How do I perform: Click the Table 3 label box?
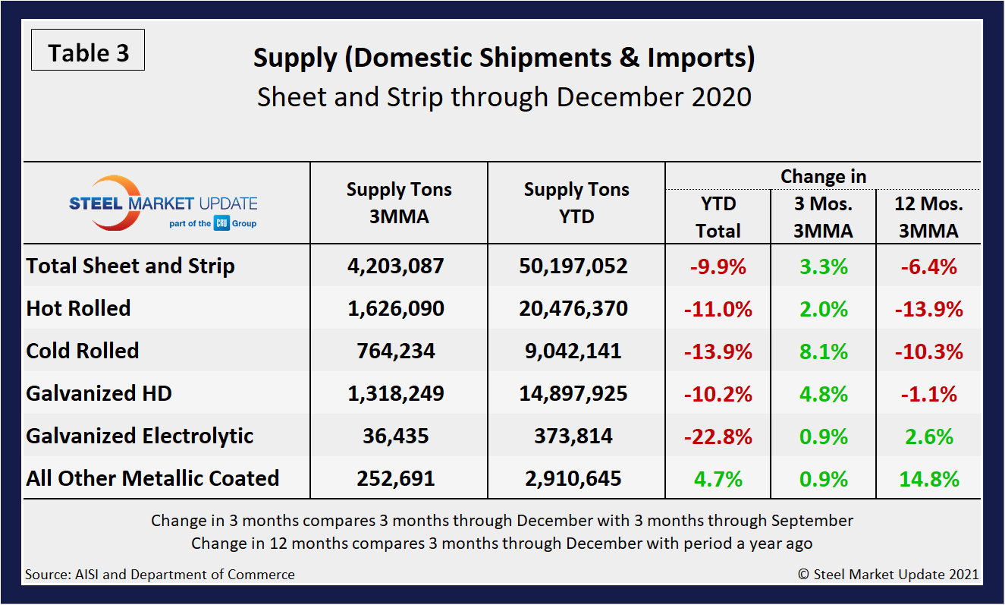click(88, 52)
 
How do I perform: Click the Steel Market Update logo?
click(163, 203)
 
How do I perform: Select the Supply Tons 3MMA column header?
click(399, 203)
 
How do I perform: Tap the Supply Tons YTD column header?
click(576, 203)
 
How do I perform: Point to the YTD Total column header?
click(718, 217)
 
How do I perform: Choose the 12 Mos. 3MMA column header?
click(929, 217)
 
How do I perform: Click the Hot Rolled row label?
click(79, 308)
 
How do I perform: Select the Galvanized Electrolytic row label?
click(140, 436)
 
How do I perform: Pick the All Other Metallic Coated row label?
click(152, 478)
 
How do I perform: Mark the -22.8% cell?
click(718, 436)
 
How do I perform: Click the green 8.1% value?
click(824, 351)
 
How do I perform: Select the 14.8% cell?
click(929, 479)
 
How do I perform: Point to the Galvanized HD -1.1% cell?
click(929, 394)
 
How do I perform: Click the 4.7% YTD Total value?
click(718, 479)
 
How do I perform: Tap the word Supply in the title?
click(294, 58)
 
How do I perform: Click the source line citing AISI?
click(160, 575)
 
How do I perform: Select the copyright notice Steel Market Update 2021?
click(888, 575)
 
